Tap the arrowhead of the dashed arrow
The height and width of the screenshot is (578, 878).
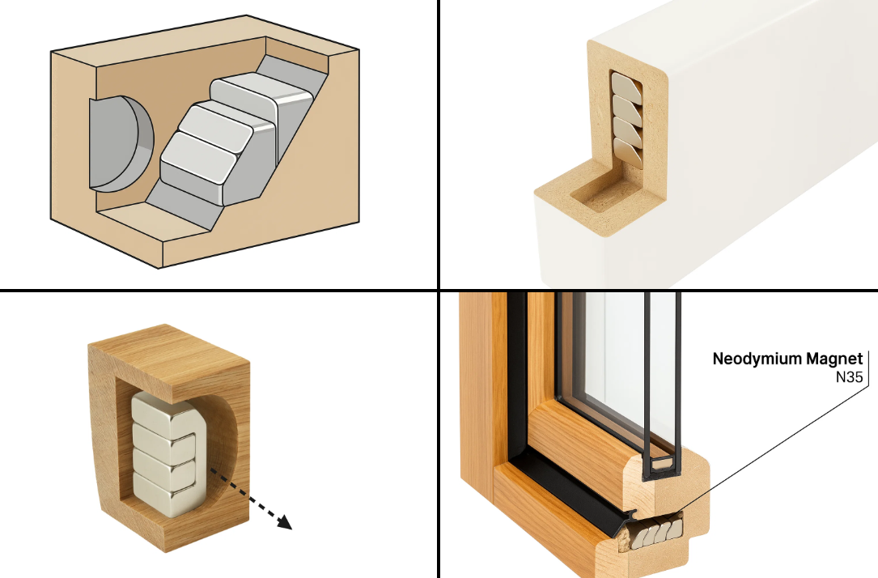coord(284,522)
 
